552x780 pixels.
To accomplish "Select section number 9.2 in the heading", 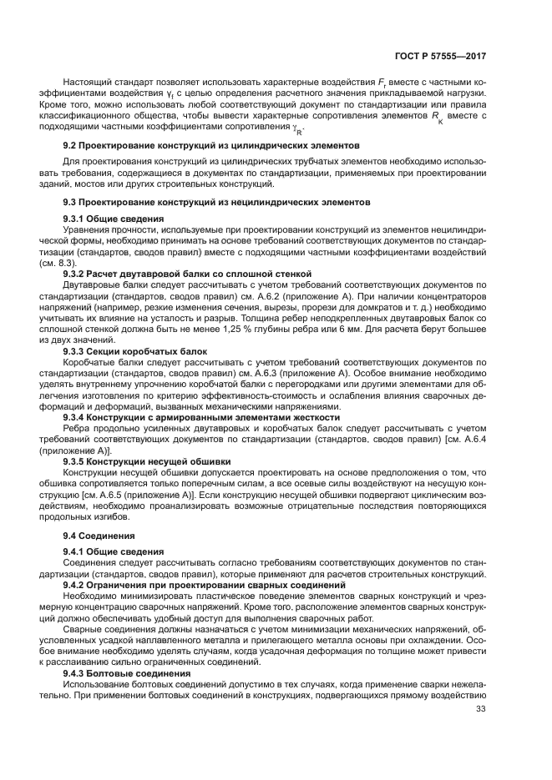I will (x=71, y=144).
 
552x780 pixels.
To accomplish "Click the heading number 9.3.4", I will (x=75, y=415).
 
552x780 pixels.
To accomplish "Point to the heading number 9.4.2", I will (x=75, y=585).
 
